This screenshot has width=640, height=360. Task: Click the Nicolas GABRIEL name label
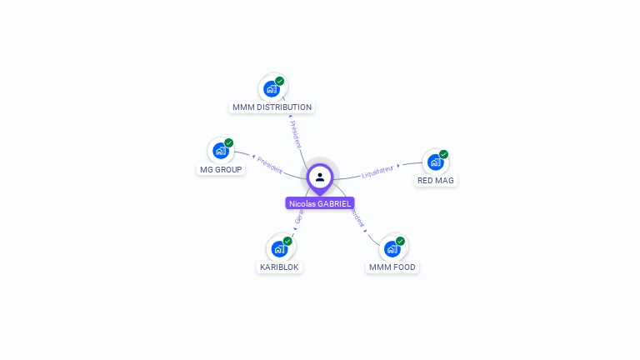click(x=320, y=203)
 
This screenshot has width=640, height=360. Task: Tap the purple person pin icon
click(x=320, y=177)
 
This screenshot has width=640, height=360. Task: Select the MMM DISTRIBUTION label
click(x=272, y=107)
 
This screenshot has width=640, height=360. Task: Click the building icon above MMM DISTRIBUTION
click(x=271, y=88)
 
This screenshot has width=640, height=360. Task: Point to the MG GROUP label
click(x=221, y=170)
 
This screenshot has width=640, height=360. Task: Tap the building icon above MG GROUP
click(x=220, y=151)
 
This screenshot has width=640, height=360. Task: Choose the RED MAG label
click(x=436, y=180)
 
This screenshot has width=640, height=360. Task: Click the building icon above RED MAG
click(x=434, y=162)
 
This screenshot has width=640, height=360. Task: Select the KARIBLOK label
click(x=279, y=267)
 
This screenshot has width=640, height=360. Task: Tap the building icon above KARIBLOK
click(x=279, y=248)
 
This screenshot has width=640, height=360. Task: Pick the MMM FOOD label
click(x=392, y=267)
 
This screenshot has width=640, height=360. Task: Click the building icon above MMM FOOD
click(x=392, y=248)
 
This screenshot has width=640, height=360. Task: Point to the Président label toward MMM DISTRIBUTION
click(x=295, y=133)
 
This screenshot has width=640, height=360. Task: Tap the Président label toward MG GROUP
click(x=269, y=164)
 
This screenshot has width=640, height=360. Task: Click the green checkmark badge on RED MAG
click(x=443, y=154)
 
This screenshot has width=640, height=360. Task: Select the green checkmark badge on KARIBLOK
click(x=287, y=241)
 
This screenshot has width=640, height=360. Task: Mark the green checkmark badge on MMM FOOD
click(x=400, y=241)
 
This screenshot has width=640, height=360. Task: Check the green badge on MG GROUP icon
click(x=228, y=143)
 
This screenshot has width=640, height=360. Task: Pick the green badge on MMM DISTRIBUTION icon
click(x=280, y=81)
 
